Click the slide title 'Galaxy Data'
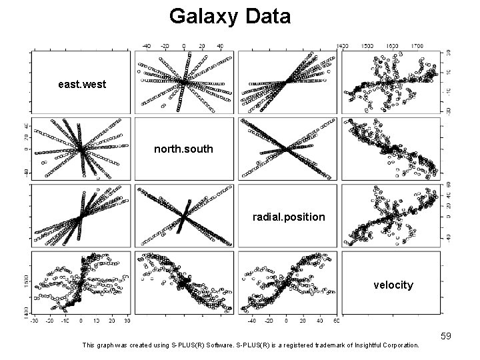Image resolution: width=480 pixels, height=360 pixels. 230,16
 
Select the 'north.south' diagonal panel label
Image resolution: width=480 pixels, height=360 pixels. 183,149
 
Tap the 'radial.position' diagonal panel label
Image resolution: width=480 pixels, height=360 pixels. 289,217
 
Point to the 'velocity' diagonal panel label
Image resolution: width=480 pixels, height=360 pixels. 393,285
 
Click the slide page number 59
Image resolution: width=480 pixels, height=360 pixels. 445,336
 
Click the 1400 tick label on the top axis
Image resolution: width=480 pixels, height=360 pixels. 343,47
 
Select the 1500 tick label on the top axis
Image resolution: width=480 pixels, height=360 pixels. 367,47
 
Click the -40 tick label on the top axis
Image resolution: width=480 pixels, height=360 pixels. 148,47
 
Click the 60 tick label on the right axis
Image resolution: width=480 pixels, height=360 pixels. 449,185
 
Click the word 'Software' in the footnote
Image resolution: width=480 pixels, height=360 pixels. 199,345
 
